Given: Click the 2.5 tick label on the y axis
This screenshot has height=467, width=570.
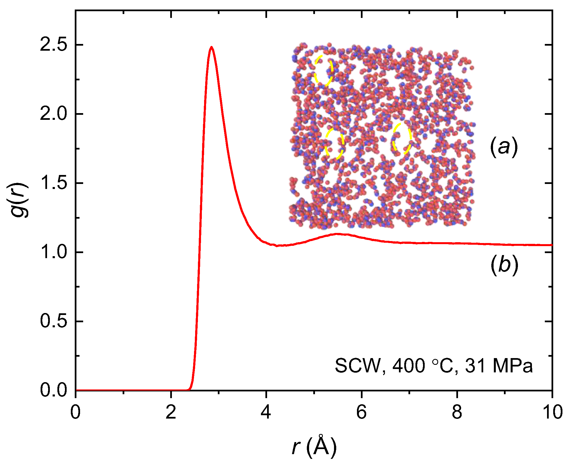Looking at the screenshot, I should click(53, 45).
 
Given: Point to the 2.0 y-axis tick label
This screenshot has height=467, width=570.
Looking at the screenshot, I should click(53, 114).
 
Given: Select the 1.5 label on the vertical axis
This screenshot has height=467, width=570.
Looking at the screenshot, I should click(53, 183).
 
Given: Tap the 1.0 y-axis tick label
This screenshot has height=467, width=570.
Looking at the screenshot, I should click(53, 252).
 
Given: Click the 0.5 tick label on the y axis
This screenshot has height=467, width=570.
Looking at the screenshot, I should click(53, 321).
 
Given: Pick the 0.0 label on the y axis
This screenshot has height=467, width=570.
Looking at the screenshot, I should click(53, 390).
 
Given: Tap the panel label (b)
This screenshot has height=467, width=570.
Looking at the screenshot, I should click(504, 265).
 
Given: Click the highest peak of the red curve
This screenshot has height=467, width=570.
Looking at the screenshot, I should click(212, 47).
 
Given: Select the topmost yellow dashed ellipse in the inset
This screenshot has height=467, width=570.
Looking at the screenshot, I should click(324, 71).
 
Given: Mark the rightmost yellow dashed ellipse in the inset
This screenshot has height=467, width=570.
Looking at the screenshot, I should click(402, 139).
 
